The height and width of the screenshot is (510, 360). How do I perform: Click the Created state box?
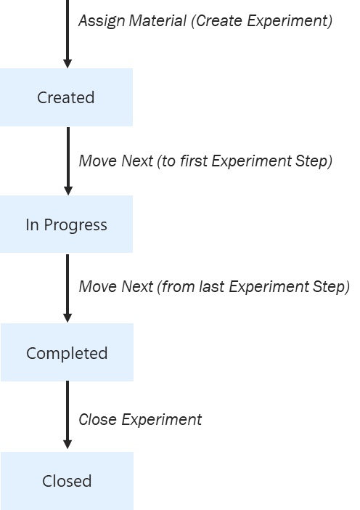[66, 97]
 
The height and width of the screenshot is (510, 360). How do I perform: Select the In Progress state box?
[66, 224]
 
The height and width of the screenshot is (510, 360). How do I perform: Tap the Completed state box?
[67, 353]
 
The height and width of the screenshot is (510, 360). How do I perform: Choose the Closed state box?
[67, 481]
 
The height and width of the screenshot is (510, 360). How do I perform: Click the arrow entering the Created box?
[67, 33]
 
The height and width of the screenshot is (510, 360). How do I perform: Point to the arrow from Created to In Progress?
[67, 160]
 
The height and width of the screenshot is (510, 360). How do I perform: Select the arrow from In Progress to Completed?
[67, 287]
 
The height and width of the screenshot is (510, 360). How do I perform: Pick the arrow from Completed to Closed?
[67, 416]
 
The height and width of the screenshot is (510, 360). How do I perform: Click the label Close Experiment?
[140, 420]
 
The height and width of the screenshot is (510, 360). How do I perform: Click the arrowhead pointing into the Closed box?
[67, 445]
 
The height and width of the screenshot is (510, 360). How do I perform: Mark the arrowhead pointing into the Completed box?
[67, 317]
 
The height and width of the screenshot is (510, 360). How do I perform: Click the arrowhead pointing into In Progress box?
[67, 189]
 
